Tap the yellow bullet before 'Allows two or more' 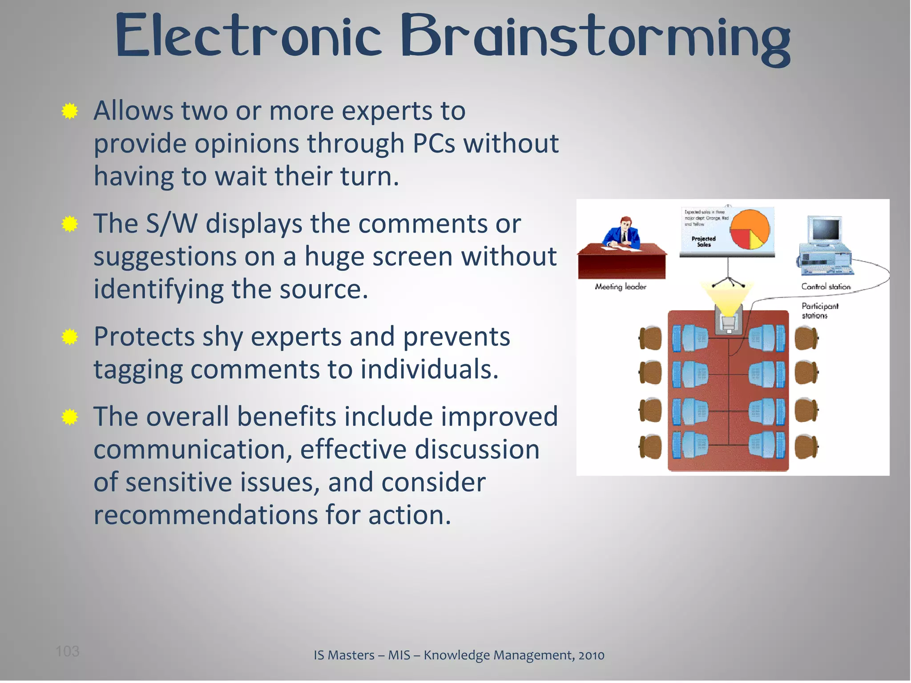coord(70,111)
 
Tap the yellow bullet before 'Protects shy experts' coord(70,337)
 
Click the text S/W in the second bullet coord(172,223)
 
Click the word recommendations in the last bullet coord(206,515)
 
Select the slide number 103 coord(67,651)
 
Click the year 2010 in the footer coord(591,655)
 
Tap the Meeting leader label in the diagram coord(621,287)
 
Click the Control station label coord(826,287)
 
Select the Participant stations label coord(819,311)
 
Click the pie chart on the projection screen coord(750,230)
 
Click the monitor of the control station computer coord(825,230)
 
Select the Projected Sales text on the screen coord(704,241)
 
